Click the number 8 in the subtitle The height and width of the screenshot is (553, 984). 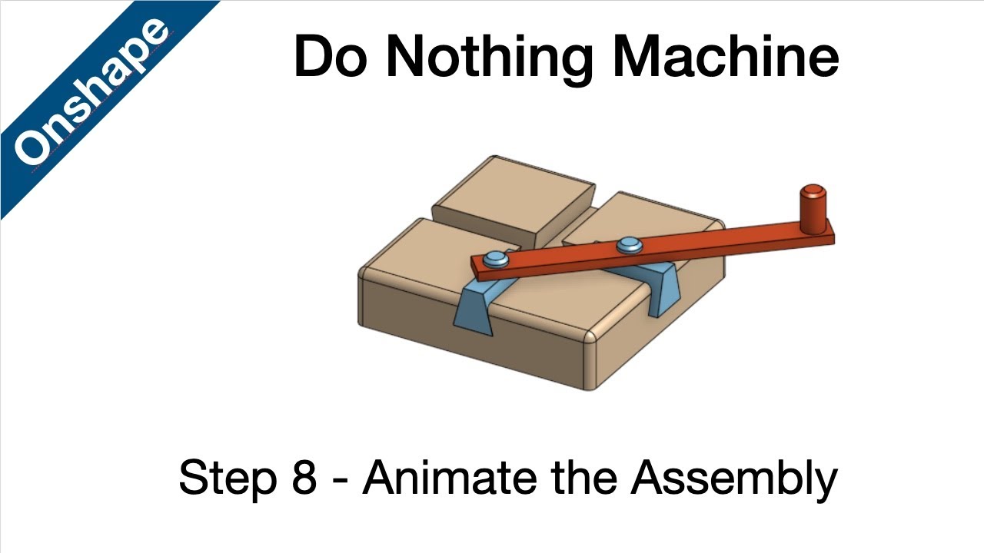pos(304,477)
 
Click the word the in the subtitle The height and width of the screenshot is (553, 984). pos(585,477)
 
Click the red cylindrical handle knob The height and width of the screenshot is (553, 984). pos(811,208)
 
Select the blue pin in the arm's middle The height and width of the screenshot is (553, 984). pos(629,245)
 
